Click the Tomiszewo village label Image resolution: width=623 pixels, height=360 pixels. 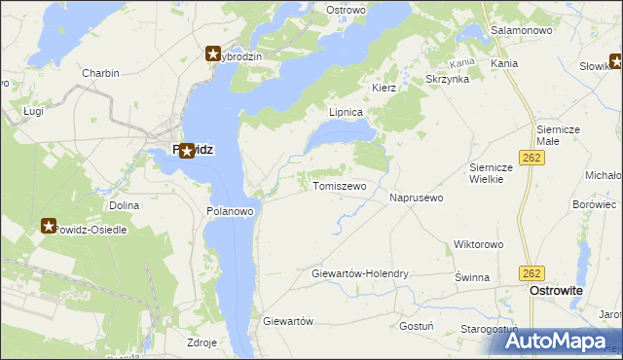[339, 186]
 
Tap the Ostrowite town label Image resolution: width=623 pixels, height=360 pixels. [555, 291]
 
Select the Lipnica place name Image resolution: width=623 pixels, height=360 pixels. [346, 112]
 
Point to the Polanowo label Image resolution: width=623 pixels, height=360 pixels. [231, 210]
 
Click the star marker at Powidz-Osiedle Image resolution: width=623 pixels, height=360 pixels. [50, 227]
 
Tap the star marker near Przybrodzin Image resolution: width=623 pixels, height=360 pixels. [213, 55]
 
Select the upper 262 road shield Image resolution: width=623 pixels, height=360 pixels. [532, 157]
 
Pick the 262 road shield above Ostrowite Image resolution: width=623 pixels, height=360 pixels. [531, 273]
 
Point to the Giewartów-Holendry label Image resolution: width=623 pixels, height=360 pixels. [359, 274]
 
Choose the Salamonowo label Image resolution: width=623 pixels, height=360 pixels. [521, 30]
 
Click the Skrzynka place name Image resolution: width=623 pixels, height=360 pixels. [448, 79]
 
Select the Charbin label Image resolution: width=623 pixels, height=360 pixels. [100, 73]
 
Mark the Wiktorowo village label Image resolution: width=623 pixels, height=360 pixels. [477, 244]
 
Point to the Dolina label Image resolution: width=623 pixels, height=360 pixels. [124, 205]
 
